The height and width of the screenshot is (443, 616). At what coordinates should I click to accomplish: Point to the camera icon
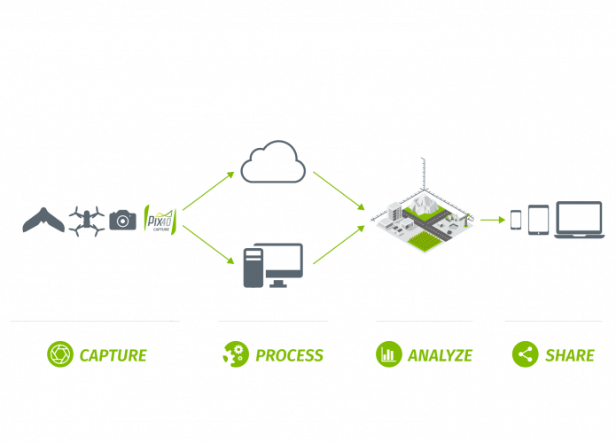(x=124, y=220)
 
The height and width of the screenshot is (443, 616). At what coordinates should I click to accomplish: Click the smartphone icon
(x=517, y=219)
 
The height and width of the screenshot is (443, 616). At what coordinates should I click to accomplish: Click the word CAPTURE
(x=113, y=355)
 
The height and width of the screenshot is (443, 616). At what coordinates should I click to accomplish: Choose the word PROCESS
(x=289, y=355)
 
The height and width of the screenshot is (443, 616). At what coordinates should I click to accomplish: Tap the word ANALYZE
(x=441, y=355)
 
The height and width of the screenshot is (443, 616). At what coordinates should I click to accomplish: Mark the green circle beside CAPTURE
(x=59, y=354)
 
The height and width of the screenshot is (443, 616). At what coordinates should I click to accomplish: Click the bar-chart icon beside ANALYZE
(x=388, y=354)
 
